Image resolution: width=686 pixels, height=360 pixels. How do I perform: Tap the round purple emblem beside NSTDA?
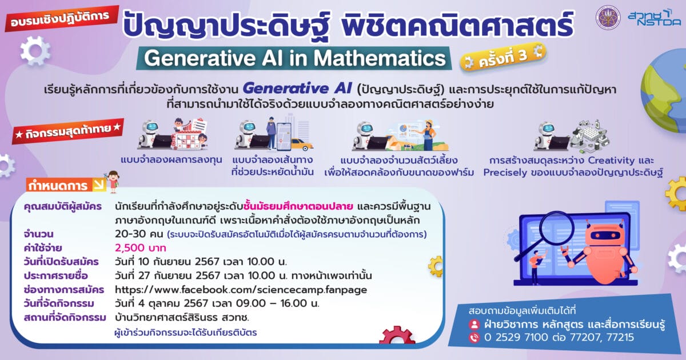pos(608,18)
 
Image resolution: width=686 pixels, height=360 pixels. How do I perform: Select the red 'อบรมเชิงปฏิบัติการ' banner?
pos(61,18)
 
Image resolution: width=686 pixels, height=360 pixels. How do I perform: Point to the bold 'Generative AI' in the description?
pos(297,89)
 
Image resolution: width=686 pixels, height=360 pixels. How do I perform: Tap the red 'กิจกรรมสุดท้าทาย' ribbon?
pos(68,131)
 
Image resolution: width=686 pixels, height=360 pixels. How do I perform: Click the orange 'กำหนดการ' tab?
pos(66,185)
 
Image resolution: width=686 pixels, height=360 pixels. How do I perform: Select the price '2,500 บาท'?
pos(141,247)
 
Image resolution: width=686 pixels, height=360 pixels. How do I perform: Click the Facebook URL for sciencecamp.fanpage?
pos(241,290)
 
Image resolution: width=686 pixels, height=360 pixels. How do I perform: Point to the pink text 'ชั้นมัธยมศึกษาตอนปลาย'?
pos(298,206)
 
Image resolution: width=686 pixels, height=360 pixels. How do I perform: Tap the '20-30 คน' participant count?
pos(139,234)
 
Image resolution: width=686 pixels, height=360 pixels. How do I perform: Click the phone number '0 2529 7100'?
pos(516,337)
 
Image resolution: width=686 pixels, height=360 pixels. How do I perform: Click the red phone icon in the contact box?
pos(474,337)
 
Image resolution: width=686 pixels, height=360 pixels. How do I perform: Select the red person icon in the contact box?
pos(474,324)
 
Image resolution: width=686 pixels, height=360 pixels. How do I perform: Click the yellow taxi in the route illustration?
pos(301,145)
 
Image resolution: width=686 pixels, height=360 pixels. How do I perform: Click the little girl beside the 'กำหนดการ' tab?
pos(113,182)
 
